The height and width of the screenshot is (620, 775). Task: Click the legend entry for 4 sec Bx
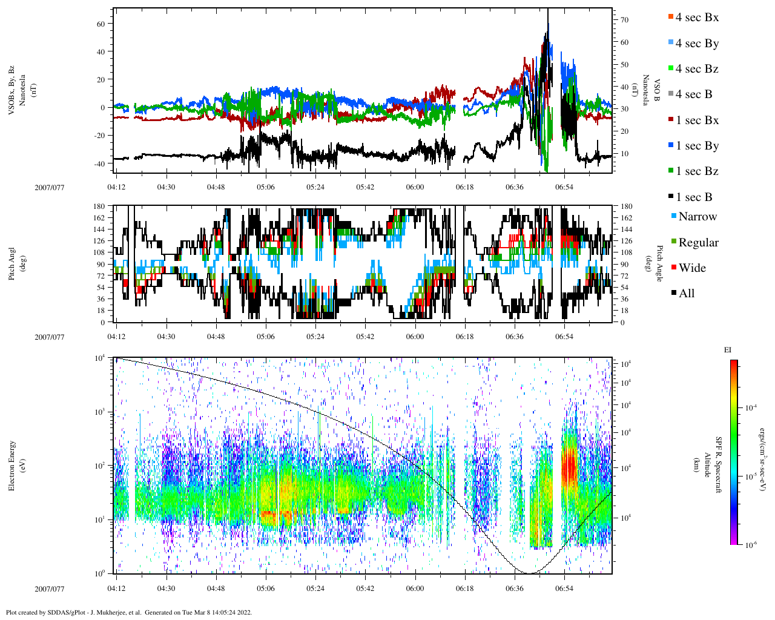click(696, 18)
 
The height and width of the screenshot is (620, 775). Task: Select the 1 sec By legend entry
click(696, 146)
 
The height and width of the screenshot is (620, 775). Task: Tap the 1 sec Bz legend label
click(696, 171)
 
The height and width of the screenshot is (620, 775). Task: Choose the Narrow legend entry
click(697, 217)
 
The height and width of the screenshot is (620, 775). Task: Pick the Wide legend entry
click(691, 268)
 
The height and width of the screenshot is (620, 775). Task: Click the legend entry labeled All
click(686, 294)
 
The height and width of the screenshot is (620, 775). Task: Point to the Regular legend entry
click(697, 243)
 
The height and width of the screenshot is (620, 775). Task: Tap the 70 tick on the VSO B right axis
click(624, 20)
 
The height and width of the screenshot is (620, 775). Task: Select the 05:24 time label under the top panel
click(315, 187)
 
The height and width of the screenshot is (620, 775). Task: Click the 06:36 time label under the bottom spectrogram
click(515, 589)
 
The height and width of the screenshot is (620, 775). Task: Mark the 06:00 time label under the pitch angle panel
click(415, 337)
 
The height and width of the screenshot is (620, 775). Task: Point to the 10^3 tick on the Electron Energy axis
click(101, 412)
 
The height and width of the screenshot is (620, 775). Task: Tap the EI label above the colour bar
click(728, 350)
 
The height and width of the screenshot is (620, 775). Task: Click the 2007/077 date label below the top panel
click(50, 187)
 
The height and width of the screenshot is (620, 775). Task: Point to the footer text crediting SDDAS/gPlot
click(129, 612)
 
